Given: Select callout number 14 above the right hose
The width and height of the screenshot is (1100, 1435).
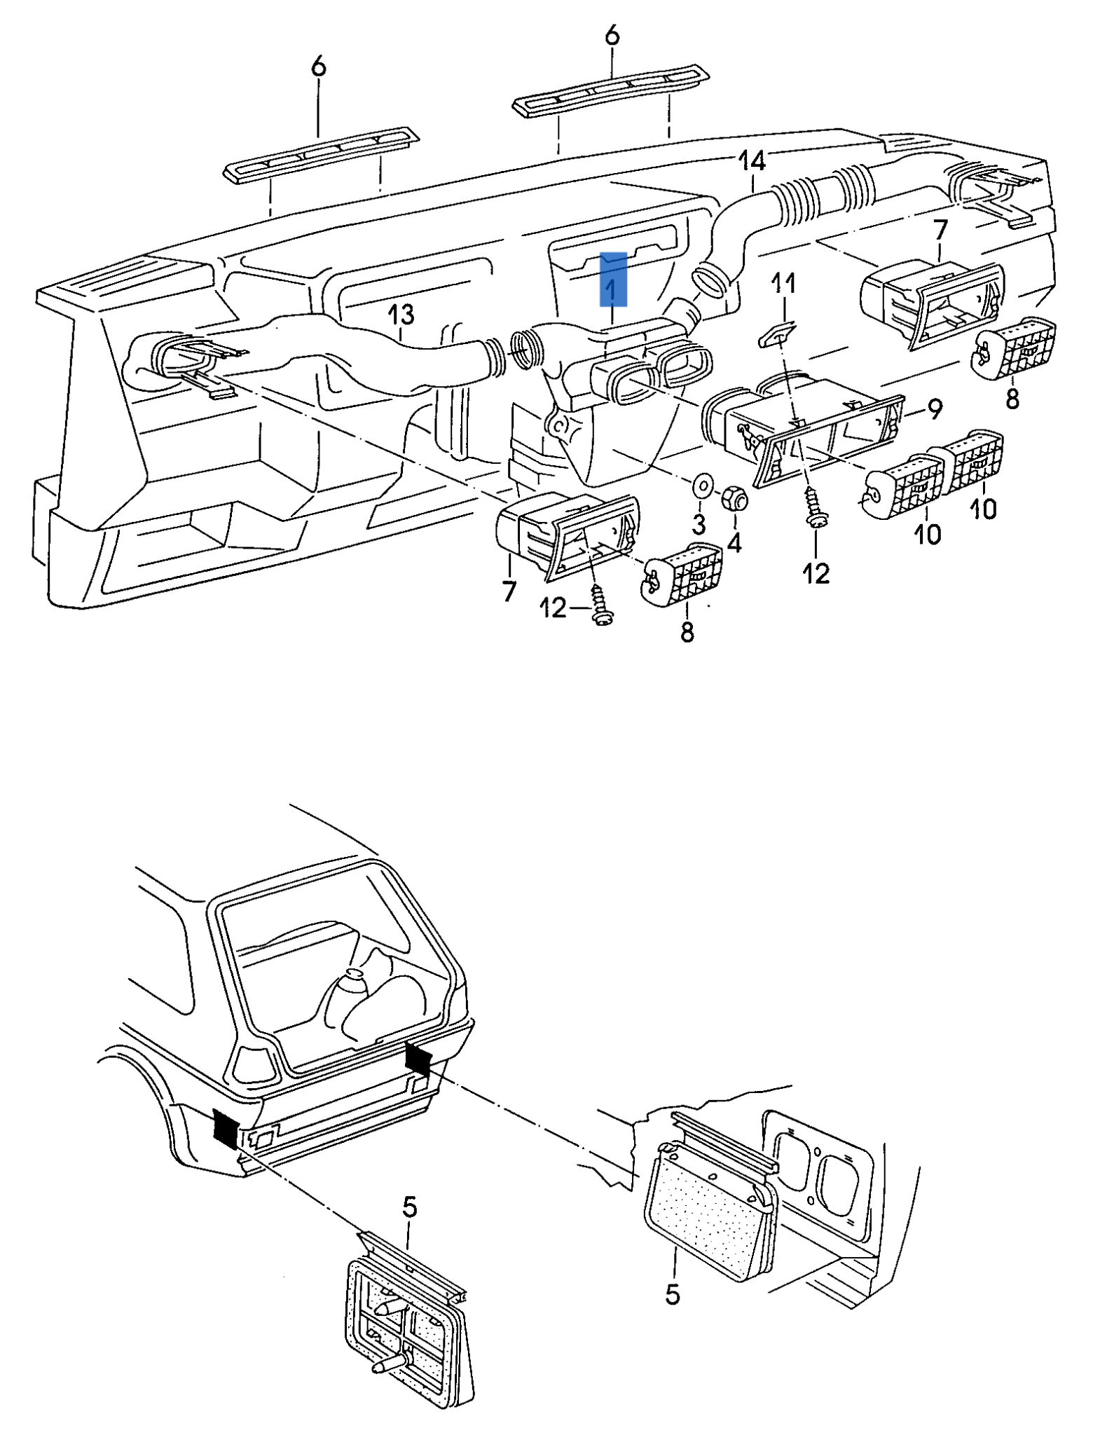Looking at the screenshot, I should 751,162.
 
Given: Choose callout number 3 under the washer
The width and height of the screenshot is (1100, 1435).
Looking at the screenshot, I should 699,523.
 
